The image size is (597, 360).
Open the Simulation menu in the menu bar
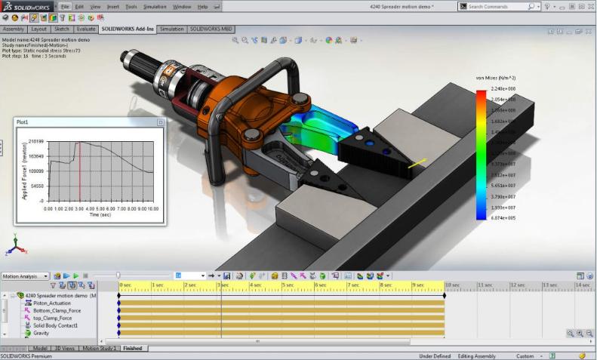[x=155, y=6]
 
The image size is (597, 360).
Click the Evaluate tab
[x=85, y=29]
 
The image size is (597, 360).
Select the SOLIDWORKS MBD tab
[x=212, y=29]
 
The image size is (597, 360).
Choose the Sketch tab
[x=62, y=29]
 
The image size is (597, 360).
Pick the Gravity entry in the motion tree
[x=42, y=333]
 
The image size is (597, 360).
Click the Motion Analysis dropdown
[x=26, y=276]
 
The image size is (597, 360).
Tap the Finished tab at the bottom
[x=133, y=349]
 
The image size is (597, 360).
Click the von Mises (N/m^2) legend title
[x=495, y=77]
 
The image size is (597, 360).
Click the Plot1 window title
[x=27, y=122]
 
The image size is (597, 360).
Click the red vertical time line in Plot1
[x=79, y=171]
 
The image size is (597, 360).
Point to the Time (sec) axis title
[x=100, y=214]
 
